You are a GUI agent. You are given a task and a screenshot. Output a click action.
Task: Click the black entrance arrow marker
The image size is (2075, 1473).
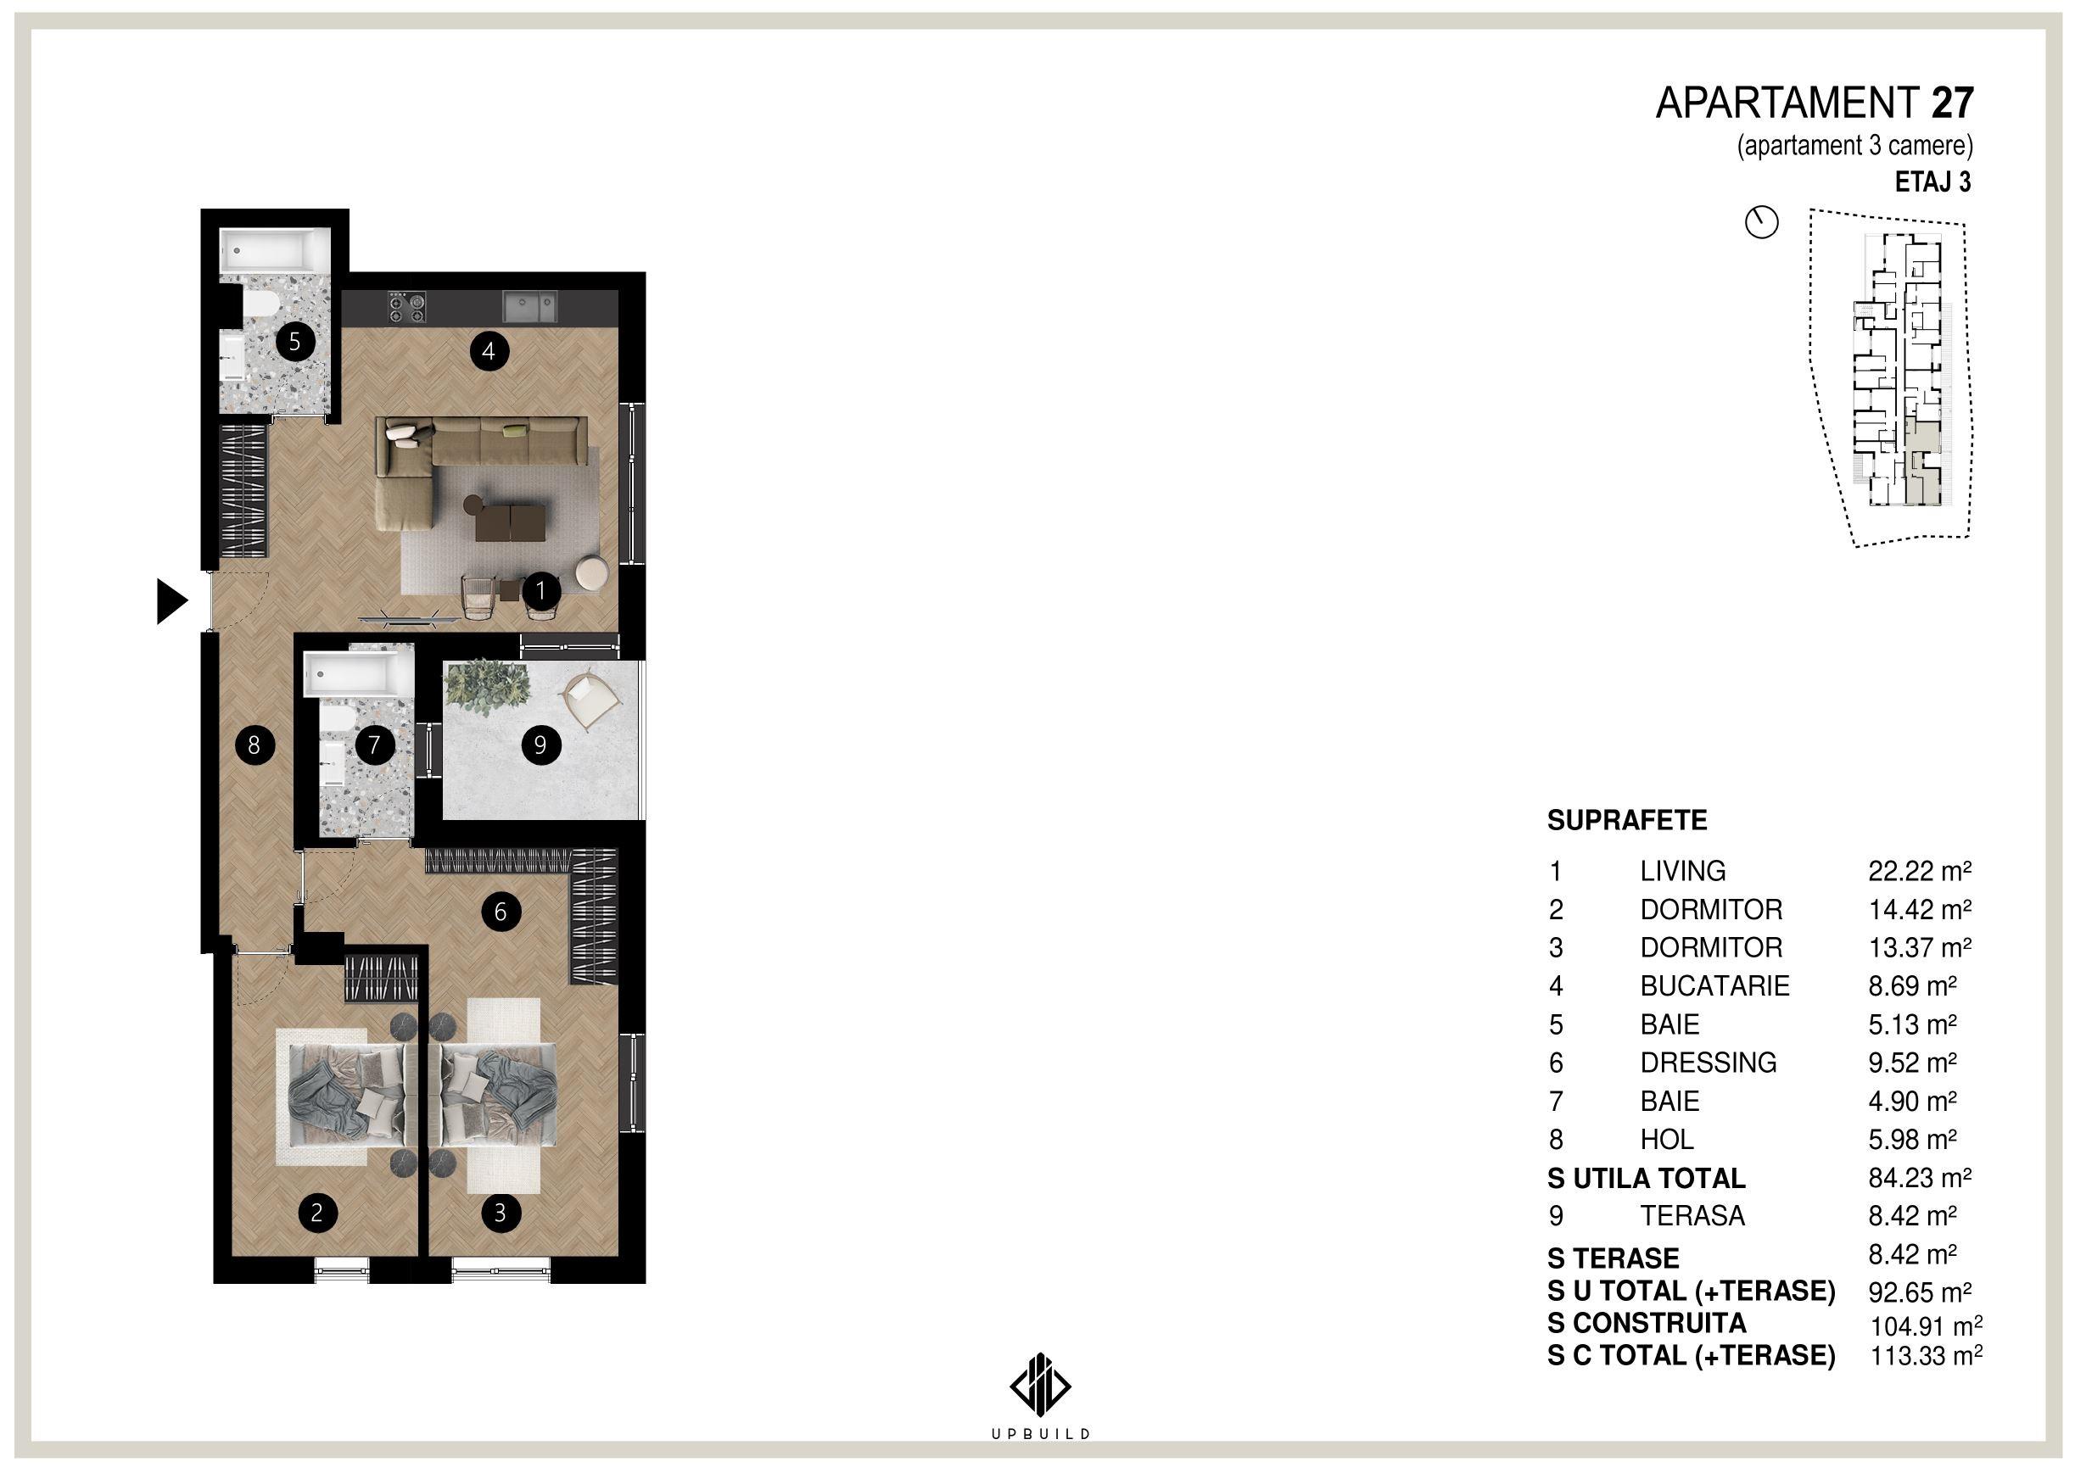tap(171, 600)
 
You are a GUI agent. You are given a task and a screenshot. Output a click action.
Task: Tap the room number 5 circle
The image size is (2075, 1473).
tap(295, 342)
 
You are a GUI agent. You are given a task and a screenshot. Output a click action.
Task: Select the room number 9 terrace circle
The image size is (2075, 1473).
tap(540, 745)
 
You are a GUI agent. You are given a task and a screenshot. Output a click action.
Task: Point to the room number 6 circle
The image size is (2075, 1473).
tap(501, 912)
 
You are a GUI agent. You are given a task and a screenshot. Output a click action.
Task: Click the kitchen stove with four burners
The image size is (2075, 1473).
tap(407, 307)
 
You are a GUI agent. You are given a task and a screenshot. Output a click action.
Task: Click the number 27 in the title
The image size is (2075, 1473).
tap(1953, 103)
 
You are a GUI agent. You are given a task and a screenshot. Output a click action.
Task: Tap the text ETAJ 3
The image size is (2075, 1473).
tap(1933, 182)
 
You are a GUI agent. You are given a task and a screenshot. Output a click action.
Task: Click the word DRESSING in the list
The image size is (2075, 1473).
tap(1709, 1062)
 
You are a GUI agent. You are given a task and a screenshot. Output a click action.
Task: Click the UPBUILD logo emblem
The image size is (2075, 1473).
tap(1040, 1385)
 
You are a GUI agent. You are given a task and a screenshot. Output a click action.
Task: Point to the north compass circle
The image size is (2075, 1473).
tap(1762, 222)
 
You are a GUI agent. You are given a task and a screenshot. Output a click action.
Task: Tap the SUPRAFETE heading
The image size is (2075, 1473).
tap(1627, 820)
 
